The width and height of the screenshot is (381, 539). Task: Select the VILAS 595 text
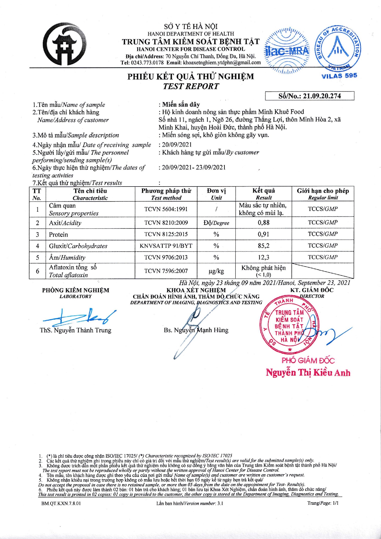pos(339,76)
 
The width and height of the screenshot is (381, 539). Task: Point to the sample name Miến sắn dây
pos(181,104)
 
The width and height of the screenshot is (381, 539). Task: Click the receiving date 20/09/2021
pos(177,145)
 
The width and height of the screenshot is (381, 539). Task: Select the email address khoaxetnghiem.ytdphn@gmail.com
pos(222,63)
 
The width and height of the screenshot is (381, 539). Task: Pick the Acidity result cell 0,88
pos(263,223)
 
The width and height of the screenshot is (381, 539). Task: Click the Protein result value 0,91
pos(263,234)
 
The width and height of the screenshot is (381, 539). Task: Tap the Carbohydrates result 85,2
pos(263,246)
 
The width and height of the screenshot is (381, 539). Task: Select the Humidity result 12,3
pos(263,257)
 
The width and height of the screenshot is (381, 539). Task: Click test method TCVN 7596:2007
pos(166,271)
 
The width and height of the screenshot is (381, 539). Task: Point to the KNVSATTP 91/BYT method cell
pos(166,246)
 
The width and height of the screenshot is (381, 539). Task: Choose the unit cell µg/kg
pos(216,271)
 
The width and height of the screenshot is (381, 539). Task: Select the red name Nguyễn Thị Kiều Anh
pos(308,373)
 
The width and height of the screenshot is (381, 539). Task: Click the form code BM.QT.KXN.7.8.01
pos(61,503)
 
